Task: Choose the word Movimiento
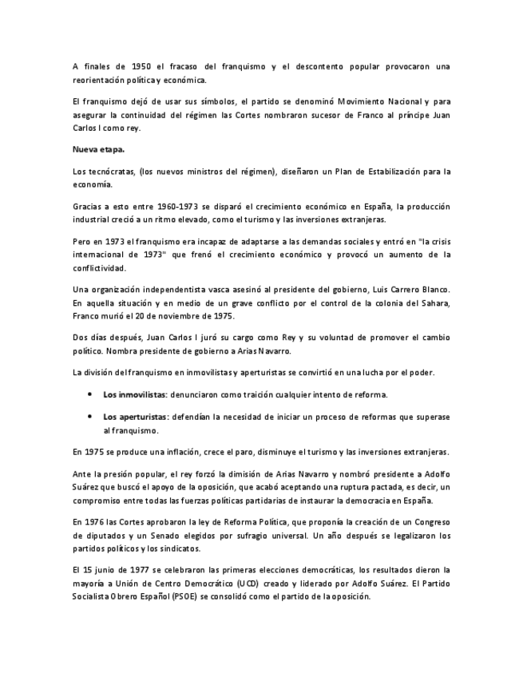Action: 355,102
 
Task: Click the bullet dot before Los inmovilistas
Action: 89,394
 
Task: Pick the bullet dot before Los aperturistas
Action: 89,417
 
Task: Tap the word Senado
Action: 203,535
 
